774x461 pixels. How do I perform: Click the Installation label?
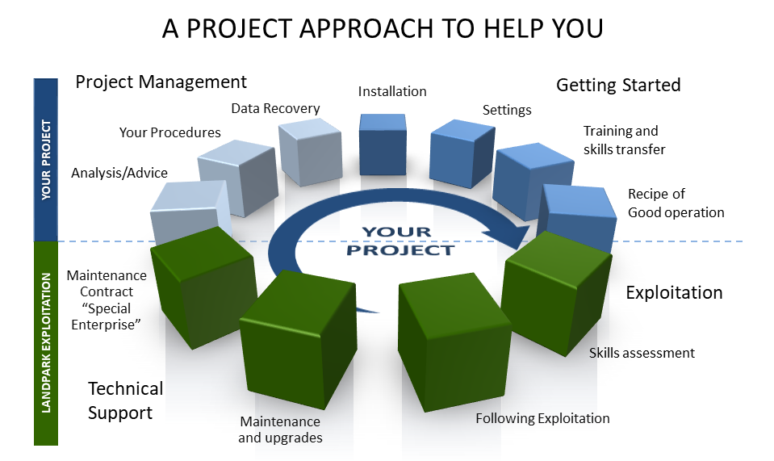(392, 91)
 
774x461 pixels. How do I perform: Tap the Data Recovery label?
(275, 108)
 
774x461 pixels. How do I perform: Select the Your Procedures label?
(169, 132)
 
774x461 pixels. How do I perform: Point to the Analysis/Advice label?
(119, 173)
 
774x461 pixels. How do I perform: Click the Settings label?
(507, 110)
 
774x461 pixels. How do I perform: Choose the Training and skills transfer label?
(625, 140)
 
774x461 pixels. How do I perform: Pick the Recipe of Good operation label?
(676, 203)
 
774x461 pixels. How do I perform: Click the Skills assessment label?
(642, 353)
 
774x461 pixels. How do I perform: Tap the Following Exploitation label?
(542, 418)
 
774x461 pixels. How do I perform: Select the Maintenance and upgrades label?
(280, 430)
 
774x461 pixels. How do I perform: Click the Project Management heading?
(161, 82)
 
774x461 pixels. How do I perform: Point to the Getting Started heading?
(618, 85)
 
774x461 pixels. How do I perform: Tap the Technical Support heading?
(125, 400)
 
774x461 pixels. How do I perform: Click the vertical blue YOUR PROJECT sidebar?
(46, 160)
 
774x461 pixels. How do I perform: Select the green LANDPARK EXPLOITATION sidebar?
(46, 343)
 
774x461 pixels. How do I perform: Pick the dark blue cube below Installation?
(383, 145)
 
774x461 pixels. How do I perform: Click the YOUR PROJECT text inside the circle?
(400, 241)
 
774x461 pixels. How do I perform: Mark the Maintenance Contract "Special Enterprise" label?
(107, 300)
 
